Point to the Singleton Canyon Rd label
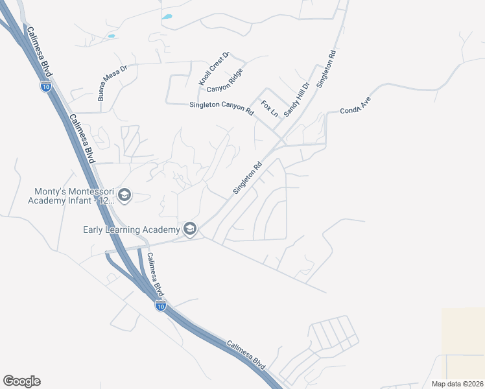[x=221, y=108]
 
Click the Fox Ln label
[x=269, y=108]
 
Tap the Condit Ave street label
[x=355, y=106]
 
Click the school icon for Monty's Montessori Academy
[x=124, y=194]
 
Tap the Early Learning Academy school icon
[x=190, y=229]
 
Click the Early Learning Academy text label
[x=131, y=230]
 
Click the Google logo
[x=21, y=381]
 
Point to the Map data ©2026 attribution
[x=456, y=383]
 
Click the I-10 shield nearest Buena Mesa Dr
[x=45, y=87]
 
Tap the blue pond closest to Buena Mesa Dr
[x=111, y=36]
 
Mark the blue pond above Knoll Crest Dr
[x=167, y=16]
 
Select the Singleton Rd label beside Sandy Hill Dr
[x=325, y=69]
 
